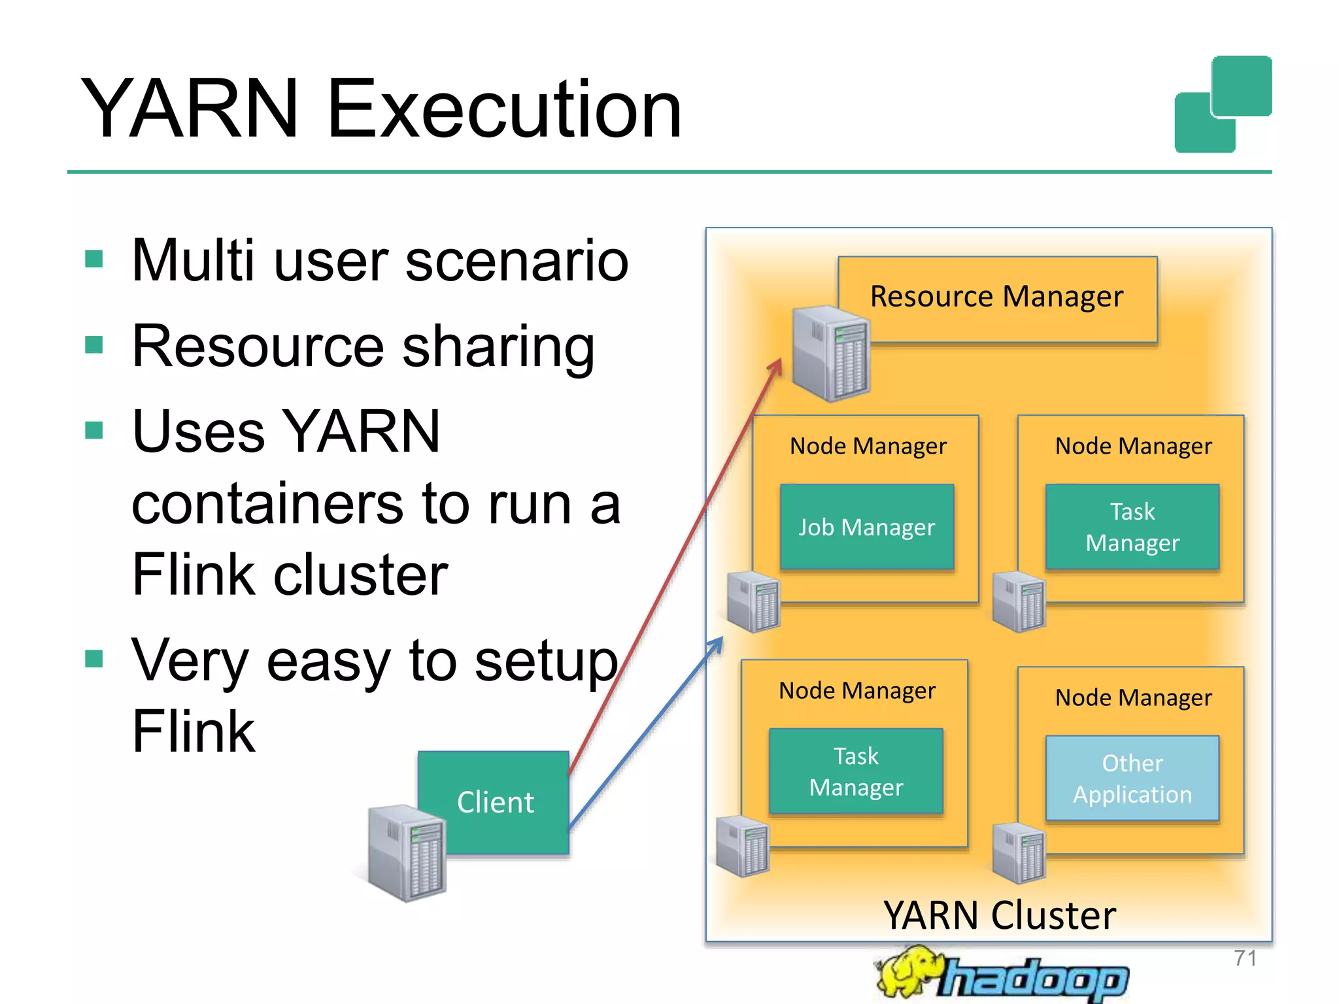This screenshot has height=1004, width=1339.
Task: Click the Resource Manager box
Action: coord(997,298)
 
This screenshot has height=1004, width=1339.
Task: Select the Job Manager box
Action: coord(867,527)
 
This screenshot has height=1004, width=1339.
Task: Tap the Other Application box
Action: coord(1132,778)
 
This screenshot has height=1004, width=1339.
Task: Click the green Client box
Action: coord(495,802)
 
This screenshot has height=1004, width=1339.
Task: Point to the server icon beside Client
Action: coord(407,854)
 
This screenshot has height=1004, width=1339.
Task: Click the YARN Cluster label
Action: coord(999,915)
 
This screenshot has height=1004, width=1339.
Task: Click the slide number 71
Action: coord(1245,958)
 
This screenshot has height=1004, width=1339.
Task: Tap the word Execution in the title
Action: coord(503,109)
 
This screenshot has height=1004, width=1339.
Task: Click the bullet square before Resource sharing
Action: coord(94,344)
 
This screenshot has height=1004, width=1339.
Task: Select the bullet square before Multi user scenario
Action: coord(94,259)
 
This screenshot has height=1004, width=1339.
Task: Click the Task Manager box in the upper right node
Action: coord(1132,527)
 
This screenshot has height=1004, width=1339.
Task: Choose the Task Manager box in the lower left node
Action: coord(856,771)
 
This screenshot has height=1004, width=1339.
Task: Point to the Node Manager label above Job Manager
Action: coord(868,446)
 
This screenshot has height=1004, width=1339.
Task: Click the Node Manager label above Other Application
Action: coord(1133,698)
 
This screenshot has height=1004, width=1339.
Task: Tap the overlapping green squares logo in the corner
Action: coord(1223,105)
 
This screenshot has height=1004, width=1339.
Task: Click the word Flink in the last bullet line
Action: coord(194,732)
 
